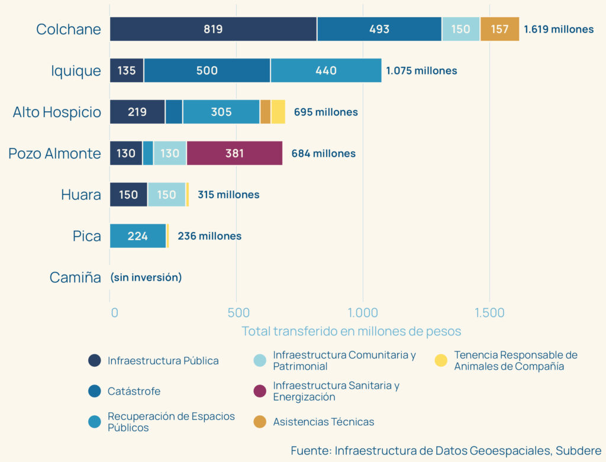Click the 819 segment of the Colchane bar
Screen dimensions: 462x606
(x=213, y=29)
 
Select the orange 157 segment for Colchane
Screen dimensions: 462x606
(x=499, y=29)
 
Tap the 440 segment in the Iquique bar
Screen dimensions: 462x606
(x=325, y=70)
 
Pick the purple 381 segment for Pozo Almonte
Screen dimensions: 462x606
(x=234, y=153)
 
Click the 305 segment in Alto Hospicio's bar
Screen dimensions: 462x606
(x=221, y=112)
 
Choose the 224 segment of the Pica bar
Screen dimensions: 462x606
(x=138, y=236)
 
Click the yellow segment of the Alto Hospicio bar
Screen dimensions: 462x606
(x=278, y=112)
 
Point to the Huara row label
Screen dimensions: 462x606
(x=81, y=195)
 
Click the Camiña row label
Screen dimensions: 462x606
(x=75, y=277)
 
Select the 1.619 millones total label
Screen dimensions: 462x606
(x=559, y=29)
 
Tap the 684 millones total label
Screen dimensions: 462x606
(x=323, y=153)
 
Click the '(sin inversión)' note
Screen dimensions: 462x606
(x=146, y=277)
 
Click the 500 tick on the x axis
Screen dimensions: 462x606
(x=237, y=312)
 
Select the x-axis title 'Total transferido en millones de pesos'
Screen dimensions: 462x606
(x=351, y=331)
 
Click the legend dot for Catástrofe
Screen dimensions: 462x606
(x=94, y=391)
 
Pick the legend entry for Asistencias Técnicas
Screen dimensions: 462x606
(x=323, y=422)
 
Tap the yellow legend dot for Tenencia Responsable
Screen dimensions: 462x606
(x=441, y=360)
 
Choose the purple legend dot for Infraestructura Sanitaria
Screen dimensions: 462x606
(x=259, y=391)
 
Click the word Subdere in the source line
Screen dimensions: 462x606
(x=578, y=450)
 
